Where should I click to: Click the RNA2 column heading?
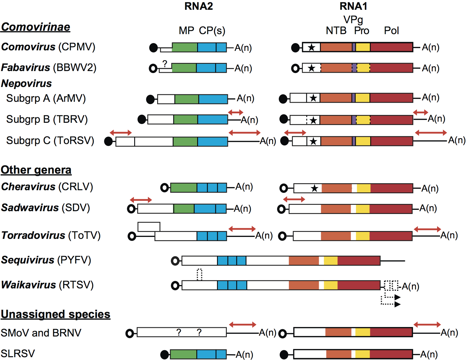(x=199, y=6)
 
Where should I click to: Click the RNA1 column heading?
(x=353, y=6)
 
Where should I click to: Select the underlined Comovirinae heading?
(x=36, y=27)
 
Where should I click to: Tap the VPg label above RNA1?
(x=353, y=20)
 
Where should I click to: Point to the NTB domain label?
(x=336, y=30)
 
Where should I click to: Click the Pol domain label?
(x=391, y=30)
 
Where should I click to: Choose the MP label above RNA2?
(x=186, y=30)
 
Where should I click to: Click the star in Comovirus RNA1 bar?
(x=311, y=47)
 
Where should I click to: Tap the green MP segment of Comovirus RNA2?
(x=185, y=47)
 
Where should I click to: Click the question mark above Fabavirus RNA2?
(x=165, y=64)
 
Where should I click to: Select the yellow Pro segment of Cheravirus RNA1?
(x=364, y=188)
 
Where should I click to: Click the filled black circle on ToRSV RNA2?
(x=108, y=141)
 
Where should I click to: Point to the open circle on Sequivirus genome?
(x=175, y=261)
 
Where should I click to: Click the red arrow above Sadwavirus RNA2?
(x=141, y=200)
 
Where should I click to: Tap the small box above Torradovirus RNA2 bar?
(x=149, y=227)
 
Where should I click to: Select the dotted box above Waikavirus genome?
(x=199, y=274)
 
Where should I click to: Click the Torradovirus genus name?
(x=33, y=236)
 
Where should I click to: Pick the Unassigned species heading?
(x=55, y=314)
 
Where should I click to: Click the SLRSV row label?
(x=18, y=354)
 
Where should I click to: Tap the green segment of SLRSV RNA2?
(x=183, y=354)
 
